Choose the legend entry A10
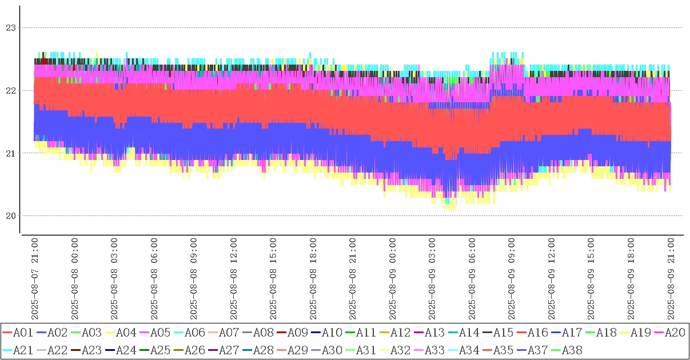pyautogui.click(x=331, y=332)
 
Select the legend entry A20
pyautogui.click(x=674, y=332)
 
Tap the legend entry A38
pyautogui.click(x=571, y=349)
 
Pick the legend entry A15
pyautogui.click(x=502, y=332)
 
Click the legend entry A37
pyautogui.click(x=537, y=349)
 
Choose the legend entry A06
pyautogui.click(x=194, y=332)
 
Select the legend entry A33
pyautogui.click(x=434, y=349)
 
